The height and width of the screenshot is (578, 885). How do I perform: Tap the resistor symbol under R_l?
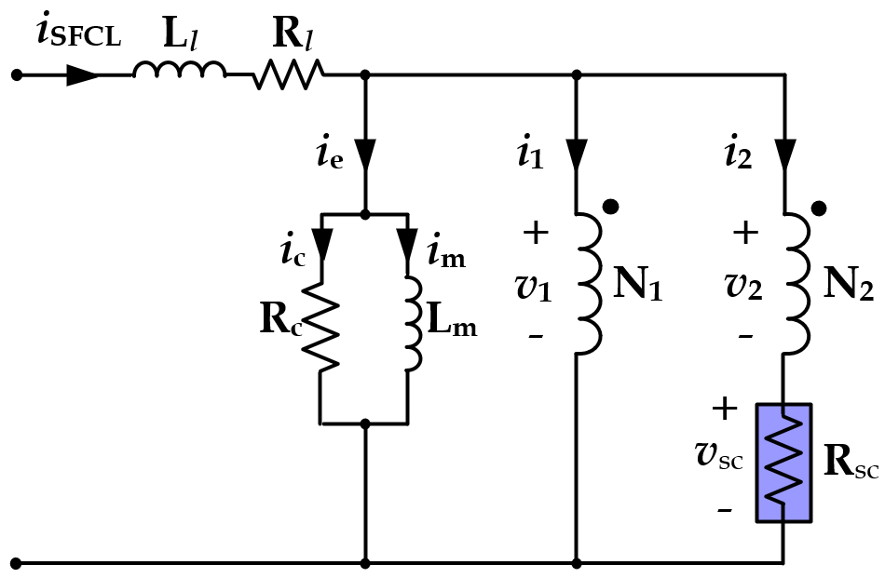[288, 74]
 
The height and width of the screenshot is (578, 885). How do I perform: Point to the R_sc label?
[851, 463]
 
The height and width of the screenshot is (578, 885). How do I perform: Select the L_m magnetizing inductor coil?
[408, 322]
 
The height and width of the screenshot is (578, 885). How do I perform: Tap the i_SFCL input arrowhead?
[82, 74]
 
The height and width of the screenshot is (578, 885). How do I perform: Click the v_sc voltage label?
[719, 455]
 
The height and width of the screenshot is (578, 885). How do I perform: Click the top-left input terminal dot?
[16, 74]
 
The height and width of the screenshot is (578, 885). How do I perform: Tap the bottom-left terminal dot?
[16, 563]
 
